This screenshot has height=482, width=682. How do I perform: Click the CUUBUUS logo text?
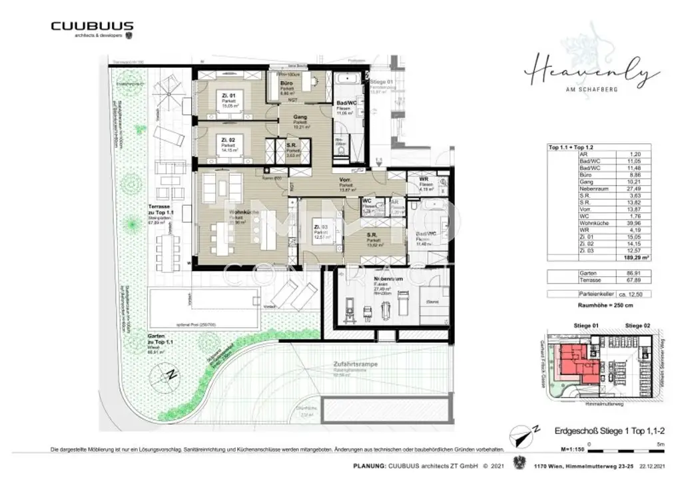click(x=92, y=26)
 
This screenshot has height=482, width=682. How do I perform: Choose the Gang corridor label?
click(x=300, y=116)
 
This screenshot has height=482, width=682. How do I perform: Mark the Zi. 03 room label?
click(x=320, y=226)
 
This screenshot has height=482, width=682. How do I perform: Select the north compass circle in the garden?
click(x=171, y=373)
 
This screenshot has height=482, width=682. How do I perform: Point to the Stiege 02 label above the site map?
click(x=638, y=324)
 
